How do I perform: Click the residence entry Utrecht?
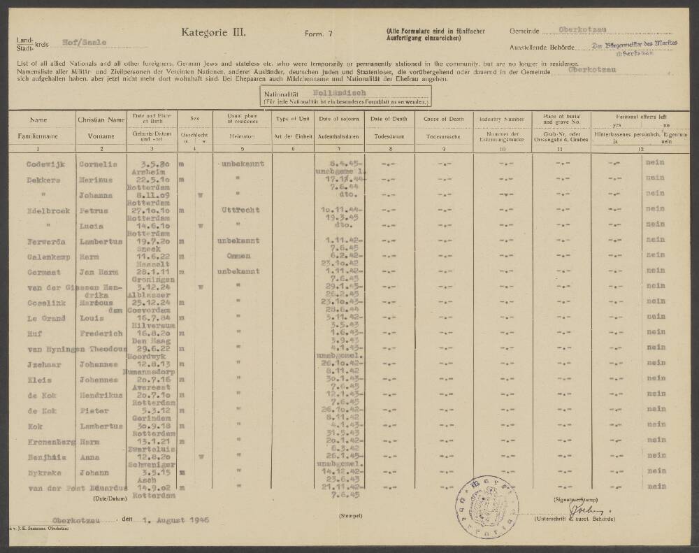[240, 209]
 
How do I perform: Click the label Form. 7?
[319, 34]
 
